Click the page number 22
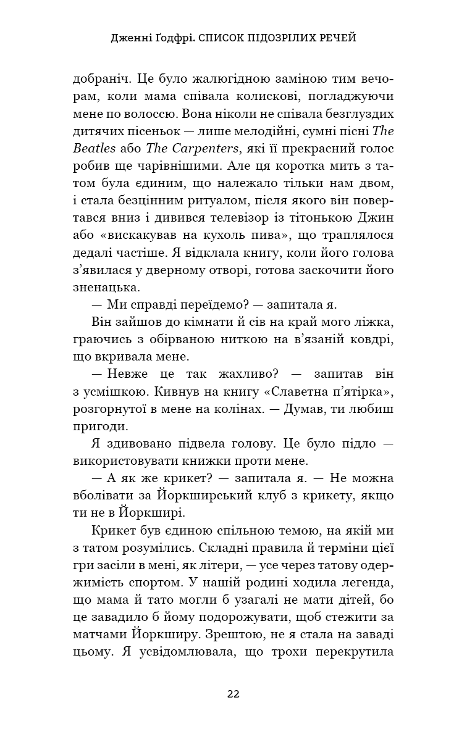point(233,693)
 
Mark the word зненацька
point(107,287)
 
